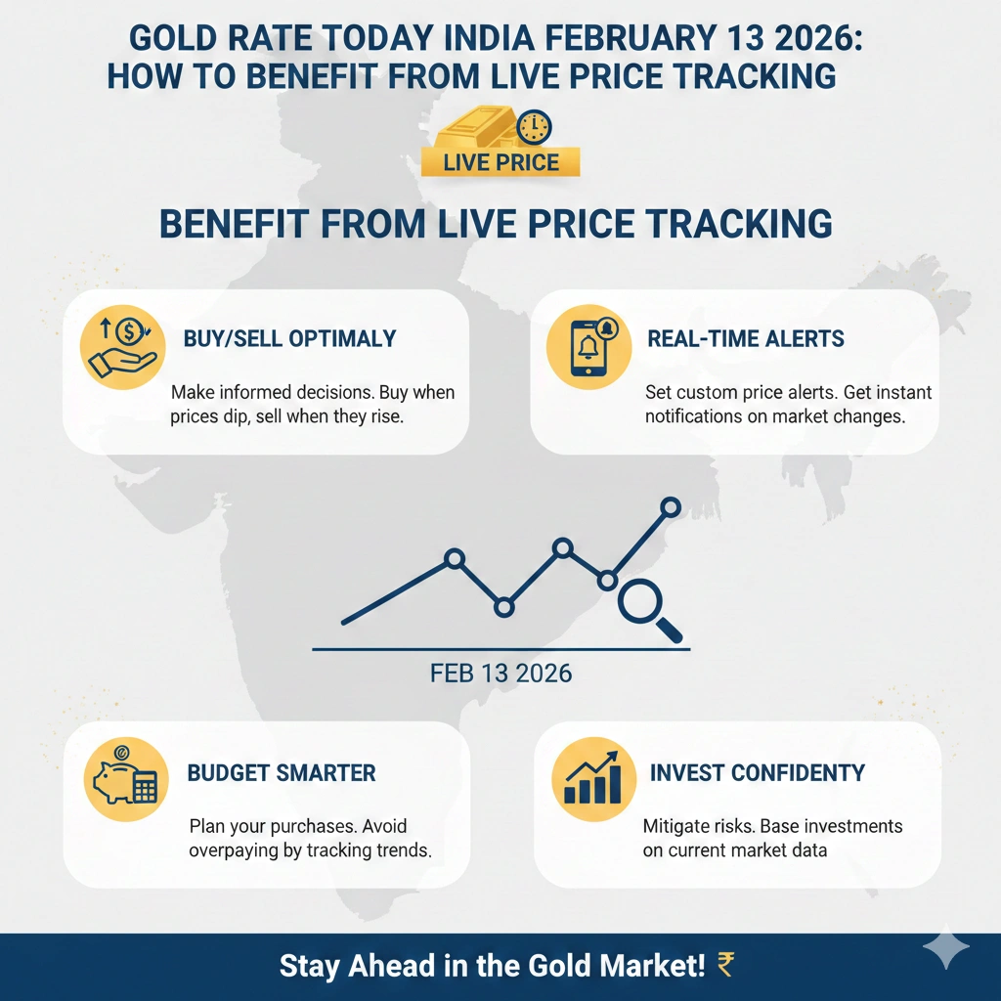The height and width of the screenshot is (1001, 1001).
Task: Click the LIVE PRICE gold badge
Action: click(x=500, y=161)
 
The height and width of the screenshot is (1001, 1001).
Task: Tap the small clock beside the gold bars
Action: click(x=535, y=126)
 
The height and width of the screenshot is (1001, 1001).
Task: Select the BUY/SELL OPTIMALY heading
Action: click(x=289, y=339)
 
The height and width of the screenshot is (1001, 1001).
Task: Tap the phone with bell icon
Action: click(x=583, y=348)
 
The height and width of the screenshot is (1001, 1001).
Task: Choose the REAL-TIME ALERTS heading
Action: click(x=746, y=339)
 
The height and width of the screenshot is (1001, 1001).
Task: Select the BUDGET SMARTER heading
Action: click(x=282, y=773)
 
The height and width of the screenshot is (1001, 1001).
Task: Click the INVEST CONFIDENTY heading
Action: click(x=758, y=773)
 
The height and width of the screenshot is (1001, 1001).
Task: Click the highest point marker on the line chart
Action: click(x=671, y=506)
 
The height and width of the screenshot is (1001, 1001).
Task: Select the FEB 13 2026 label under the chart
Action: click(x=500, y=675)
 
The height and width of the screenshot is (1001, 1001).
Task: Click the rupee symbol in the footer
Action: click(x=725, y=966)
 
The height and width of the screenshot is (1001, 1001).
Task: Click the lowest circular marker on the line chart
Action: click(x=503, y=607)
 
